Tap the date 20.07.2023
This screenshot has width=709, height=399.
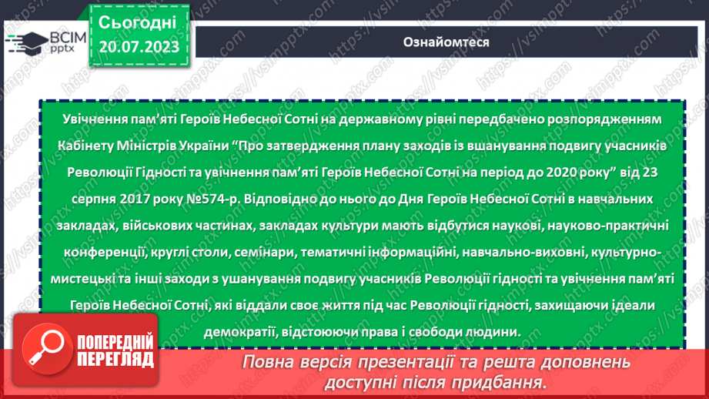(x=139, y=48)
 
